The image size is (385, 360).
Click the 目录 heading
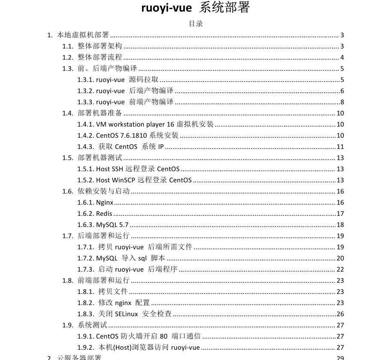pyautogui.click(x=196, y=24)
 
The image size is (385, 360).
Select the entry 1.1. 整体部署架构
pyautogui.click(x=100, y=46)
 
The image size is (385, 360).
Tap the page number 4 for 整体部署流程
pyautogui.click(x=342, y=57)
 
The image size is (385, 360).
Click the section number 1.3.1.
pyautogui.click(x=85, y=80)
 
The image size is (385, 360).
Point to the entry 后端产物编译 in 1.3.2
pyautogui.click(x=151, y=91)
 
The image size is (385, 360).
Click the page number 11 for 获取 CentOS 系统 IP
pyautogui.click(x=340, y=147)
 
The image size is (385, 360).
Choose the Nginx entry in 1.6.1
pyautogui.click(x=105, y=203)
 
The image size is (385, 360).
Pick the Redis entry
pyautogui.click(x=104, y=214)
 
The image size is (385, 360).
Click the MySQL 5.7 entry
pyautogui.click(x=112, y=225)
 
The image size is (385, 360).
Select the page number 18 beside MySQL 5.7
pyautogui.click(x=340, y=225)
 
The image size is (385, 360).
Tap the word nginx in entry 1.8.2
pyautogui.click(x=123, y=303)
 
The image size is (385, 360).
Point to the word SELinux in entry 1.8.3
pyautogui.click(x=127, y=314)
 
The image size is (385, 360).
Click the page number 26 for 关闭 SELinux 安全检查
pyautogui.click(x=340, y=314)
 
